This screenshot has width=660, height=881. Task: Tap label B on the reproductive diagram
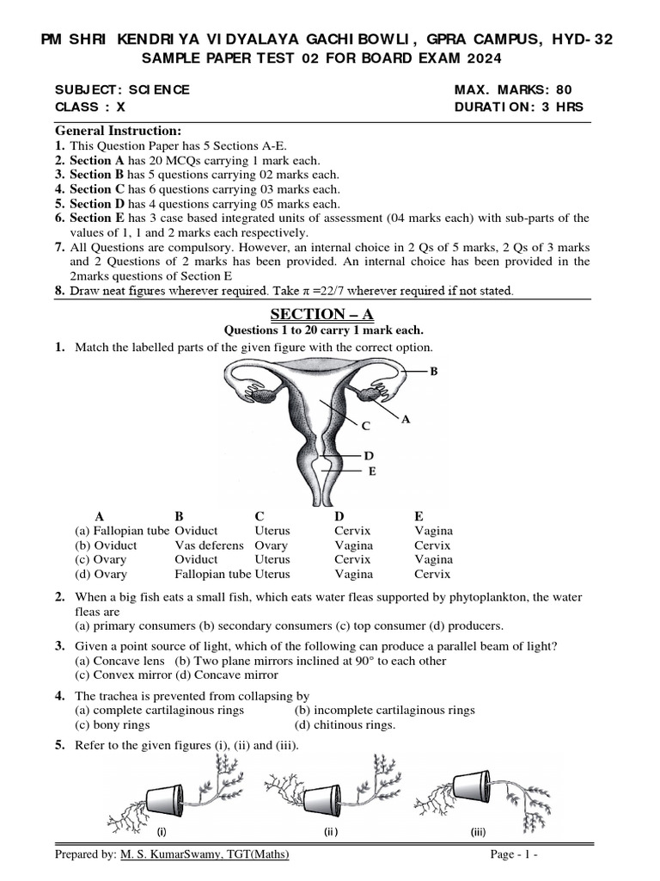(433, 372)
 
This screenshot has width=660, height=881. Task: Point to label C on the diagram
(365, 426)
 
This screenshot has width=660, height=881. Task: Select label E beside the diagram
(371, 471)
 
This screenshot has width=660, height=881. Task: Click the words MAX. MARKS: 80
(512, 89)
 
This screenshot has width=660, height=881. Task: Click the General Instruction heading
(118, 131)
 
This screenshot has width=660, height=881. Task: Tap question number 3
(60, 646)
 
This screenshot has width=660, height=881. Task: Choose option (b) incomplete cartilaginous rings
(384, 710)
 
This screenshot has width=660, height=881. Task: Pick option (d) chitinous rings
(345, 724)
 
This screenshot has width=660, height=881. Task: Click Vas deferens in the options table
(204, 545)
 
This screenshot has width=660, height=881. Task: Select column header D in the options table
(339, 516)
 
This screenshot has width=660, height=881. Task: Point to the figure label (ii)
(332, 832)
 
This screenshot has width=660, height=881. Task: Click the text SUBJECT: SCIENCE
(122, 89)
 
